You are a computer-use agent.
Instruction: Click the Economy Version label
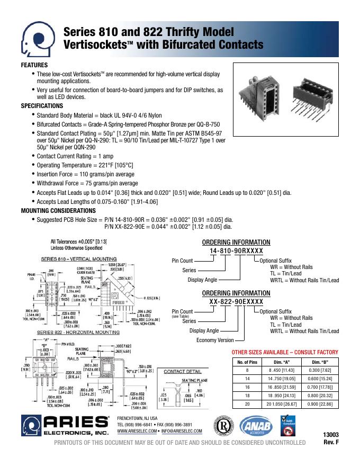(x=215, y=340)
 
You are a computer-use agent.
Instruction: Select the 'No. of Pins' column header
(x=247, y=362)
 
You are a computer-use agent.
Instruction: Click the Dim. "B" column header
(x=319, y=362)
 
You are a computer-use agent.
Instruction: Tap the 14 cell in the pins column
(x=247, y=379)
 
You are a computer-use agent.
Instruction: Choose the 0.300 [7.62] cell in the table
(x=319, y=370)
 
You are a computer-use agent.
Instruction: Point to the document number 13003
(x=331, y=435)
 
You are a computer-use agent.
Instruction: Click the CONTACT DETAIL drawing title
(x=181, y=372)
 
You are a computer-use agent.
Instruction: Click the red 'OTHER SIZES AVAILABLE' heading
(x=285, y=352)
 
